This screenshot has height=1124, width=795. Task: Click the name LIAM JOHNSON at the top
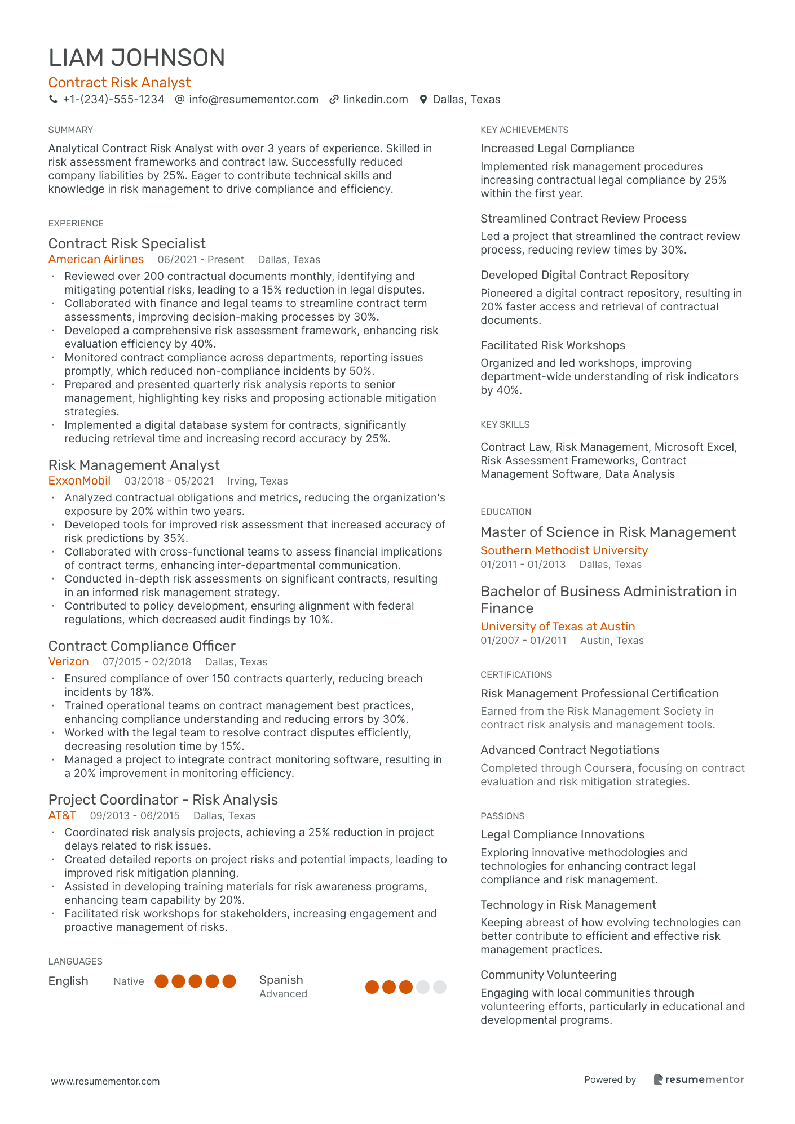pos(136,58)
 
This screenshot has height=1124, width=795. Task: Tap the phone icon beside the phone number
pos(53,99)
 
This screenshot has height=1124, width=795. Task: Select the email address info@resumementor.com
pos(253,100)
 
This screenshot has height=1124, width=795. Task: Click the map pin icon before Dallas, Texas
pos(423,100)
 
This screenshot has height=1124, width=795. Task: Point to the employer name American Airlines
pos(96,259)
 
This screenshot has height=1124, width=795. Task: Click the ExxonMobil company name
pos(79,481)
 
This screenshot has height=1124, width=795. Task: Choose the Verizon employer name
pos(68,661)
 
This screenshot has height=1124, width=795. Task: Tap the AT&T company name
pos(62,815)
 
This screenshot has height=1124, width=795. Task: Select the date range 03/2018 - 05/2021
pos(169,481)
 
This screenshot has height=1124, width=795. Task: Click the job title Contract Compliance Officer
pos(142,646)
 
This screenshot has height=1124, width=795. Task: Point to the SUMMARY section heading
pos(70,130)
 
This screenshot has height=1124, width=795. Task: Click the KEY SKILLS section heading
pos(505,424)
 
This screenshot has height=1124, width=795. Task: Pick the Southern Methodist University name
pos(564,550)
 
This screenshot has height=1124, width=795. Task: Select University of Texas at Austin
pos(558,627)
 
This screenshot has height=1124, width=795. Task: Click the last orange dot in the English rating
pos(229,981)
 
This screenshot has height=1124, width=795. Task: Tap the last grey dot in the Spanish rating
pos(440,987)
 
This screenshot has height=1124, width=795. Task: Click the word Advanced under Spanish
pos(283,994)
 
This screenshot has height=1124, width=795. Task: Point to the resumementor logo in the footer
pos(699,1079)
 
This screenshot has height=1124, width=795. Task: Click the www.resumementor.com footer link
pos(105,1081)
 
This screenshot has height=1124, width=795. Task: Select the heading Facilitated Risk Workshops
pos(553,345)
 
